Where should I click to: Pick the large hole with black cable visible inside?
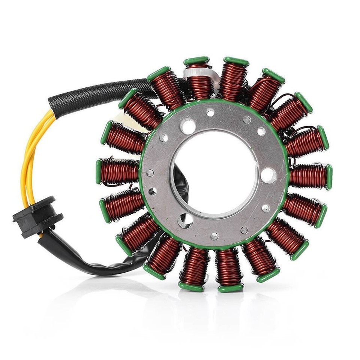(x=185, y=220)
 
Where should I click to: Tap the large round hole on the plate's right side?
(x=268, y=175)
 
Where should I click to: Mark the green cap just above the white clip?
(x=196, y=60)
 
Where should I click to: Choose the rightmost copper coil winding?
(x=307, y=176)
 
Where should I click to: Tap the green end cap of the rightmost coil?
(x=329, y=177)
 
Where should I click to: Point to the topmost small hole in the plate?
(x=210, y=112)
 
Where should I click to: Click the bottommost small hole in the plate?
(x=214, y=236)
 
